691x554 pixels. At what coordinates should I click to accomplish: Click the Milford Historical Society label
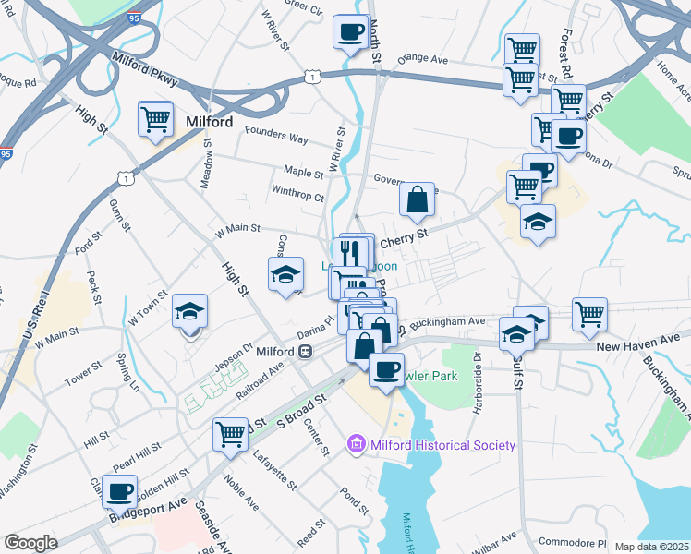[x=442, y=445]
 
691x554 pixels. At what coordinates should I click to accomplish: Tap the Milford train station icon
[x=305, y=352]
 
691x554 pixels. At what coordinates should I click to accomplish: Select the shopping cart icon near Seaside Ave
[x=231, y=433]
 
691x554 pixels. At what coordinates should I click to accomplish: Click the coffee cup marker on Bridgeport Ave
[x=119, y=491]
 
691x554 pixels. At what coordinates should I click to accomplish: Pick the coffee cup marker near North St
[x=351, y=31]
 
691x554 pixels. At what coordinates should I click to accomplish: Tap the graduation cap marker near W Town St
[x=190, y=311]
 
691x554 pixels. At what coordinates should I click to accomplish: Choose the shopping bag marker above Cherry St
[x=418, y=198]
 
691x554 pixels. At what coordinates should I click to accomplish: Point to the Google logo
[x=31, y=543]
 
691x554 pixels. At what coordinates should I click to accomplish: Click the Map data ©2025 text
[x=651, y=547]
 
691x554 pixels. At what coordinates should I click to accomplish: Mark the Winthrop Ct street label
[x=298, y=197]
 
